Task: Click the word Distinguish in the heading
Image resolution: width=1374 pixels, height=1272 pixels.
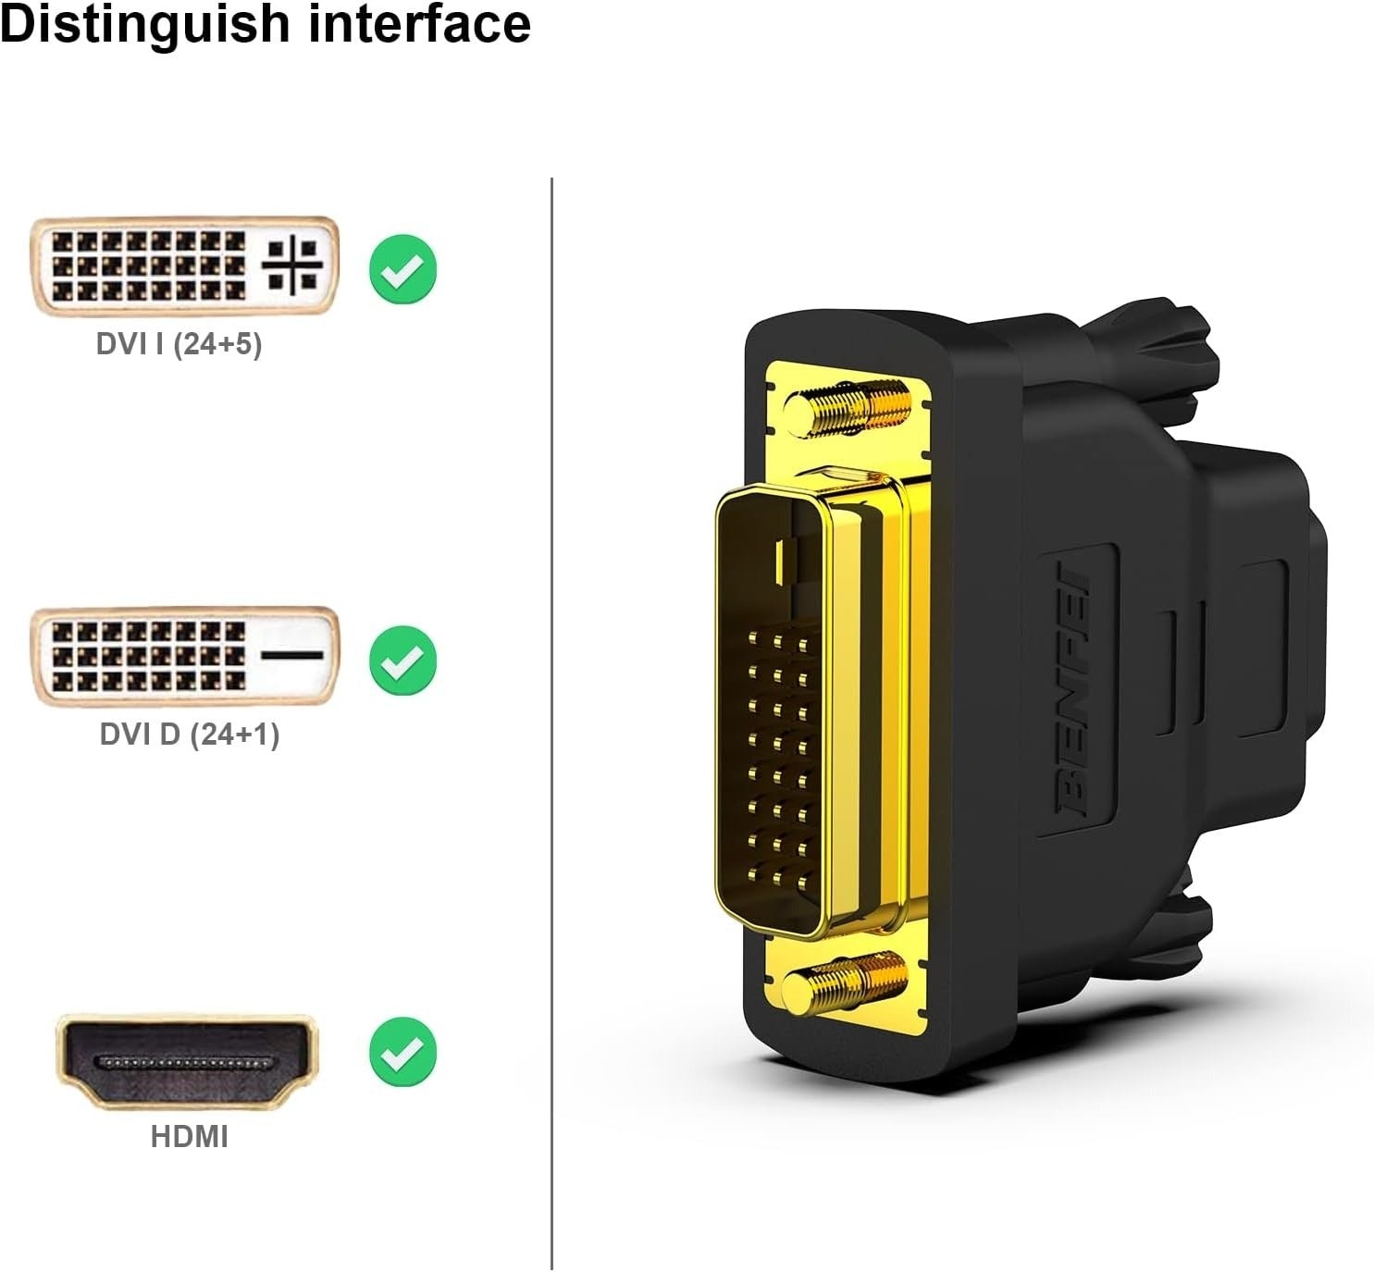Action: click(143, 24)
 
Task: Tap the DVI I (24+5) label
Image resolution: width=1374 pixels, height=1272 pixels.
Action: click(179, 344)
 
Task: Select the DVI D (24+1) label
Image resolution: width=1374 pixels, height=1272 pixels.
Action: click(189, 735)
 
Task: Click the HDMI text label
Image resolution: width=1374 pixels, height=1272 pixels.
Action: click(189, 1136)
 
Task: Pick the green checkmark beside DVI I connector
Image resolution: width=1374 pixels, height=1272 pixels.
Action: click(402, 269)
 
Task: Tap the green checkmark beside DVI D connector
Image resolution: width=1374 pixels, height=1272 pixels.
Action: click(402, 660)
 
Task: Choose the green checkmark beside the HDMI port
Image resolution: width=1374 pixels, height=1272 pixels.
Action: click(402, 1051)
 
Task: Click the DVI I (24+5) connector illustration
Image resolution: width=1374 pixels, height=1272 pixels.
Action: click(185, 266)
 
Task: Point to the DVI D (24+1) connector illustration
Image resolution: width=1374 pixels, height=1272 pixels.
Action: click(185, 656)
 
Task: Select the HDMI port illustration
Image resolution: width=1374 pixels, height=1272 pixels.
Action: click(188, 1062)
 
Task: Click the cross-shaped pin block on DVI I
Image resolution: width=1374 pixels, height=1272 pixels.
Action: click(292, 266)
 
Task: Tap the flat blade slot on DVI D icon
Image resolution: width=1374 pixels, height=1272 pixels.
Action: click(292, 655)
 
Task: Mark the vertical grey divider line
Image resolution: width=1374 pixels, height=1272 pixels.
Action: click(551, 722)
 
